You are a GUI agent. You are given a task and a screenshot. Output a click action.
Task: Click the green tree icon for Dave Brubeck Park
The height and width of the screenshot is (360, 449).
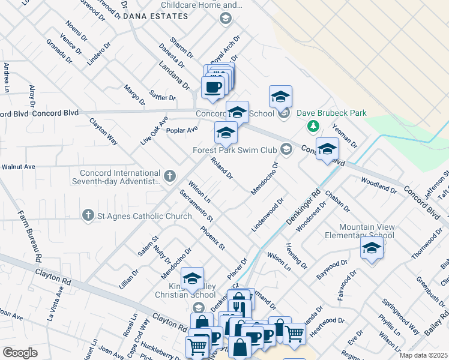pos(312,125)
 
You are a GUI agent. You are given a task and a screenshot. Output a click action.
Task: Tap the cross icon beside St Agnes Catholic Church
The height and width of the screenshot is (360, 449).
pos(88,216)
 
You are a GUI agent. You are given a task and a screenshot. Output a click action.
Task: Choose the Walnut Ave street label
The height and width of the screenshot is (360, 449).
pos(19,167)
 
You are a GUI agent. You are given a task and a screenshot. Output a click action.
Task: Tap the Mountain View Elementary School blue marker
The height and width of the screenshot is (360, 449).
pos(372,248)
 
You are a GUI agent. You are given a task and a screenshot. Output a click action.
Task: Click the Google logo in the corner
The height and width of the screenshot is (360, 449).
pos(20,353)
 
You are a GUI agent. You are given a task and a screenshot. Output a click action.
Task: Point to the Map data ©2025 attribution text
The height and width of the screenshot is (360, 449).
pos(424,355)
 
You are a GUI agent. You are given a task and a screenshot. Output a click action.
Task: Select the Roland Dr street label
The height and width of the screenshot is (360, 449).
pos(221,168)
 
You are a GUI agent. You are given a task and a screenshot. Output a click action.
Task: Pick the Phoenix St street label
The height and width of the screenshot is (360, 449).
pos(212,237)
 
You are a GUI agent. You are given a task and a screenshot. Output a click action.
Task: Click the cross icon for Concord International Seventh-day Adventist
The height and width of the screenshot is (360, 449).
pos(170,176)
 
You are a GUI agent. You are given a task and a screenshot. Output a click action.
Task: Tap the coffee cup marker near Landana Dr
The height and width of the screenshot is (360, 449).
pos(212,88)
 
